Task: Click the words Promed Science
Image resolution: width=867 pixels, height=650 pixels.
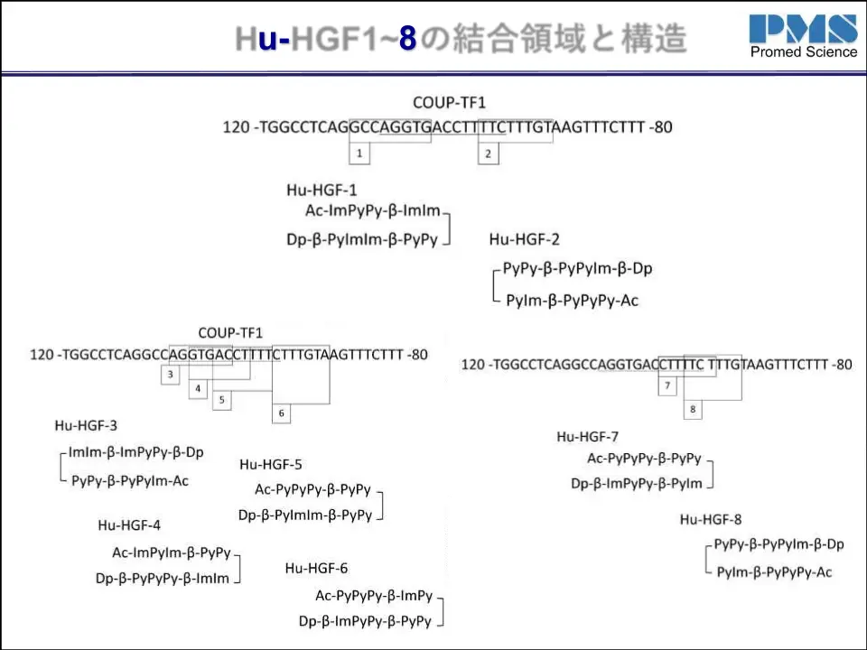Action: [803, 52]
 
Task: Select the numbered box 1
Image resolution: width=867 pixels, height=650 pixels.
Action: [359, 154]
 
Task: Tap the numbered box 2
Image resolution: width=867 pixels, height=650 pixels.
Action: [488, 154]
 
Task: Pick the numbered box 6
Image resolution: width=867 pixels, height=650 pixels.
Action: [282, 413]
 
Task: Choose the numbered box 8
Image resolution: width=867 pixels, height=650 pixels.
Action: [693, 410]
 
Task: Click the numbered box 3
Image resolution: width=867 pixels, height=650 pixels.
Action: [171, 374]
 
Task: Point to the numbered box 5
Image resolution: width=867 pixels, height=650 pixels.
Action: [221, 399]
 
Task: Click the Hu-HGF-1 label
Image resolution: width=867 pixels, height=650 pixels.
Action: [322, 190]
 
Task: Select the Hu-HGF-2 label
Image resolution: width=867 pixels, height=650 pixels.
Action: [524, 239]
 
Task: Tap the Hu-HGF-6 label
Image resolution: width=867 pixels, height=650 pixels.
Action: [316, 568]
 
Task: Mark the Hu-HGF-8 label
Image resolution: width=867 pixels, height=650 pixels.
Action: [711, 519]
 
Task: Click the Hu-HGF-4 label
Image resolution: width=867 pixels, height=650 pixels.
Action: [129, 525]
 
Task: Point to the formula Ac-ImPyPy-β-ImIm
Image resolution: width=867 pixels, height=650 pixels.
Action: [373, 211]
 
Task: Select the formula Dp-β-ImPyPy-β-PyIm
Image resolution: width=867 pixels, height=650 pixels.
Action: [637, 484]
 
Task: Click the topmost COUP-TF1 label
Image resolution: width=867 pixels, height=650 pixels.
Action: [449, 103]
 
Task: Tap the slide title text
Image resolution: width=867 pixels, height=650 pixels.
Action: [461, 38]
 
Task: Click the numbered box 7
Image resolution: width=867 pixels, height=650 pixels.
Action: [667, 386]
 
